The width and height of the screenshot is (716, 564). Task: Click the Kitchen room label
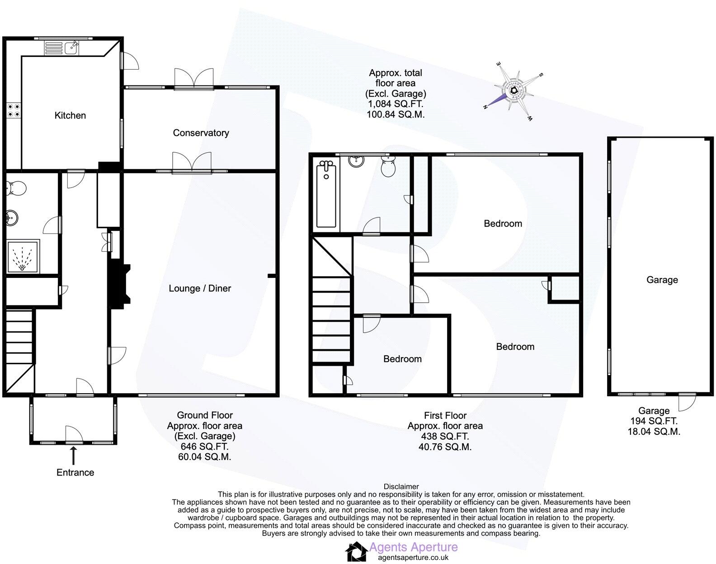[x=70, y=115]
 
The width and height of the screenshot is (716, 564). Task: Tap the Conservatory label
[x=201, y=132]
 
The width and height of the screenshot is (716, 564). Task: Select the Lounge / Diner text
[x=200, y=288]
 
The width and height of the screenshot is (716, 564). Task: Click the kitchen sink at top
[x=71, y=47]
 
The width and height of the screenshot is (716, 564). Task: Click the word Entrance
[x=75, y=472]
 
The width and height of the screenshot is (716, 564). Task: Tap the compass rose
[x=514, y=91]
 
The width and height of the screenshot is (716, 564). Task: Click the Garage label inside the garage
[x=662, y=280]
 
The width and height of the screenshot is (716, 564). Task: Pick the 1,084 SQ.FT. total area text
[x=395, y=104]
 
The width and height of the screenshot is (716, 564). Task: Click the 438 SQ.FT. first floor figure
[x=445, y=437]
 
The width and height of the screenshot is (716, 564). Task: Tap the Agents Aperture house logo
[x=356, y=552]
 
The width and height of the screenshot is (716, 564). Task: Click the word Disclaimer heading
[x=401, y=487]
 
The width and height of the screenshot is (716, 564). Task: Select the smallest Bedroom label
[x=402, y=359]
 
